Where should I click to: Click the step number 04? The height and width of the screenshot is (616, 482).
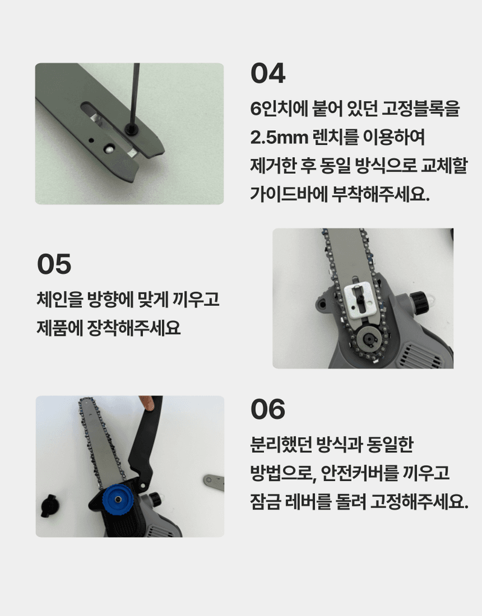[268, 74]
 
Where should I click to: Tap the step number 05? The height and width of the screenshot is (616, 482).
[54, 264]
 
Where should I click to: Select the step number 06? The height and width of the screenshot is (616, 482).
[268, 410]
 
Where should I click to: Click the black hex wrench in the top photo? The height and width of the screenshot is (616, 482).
[136, 96]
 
